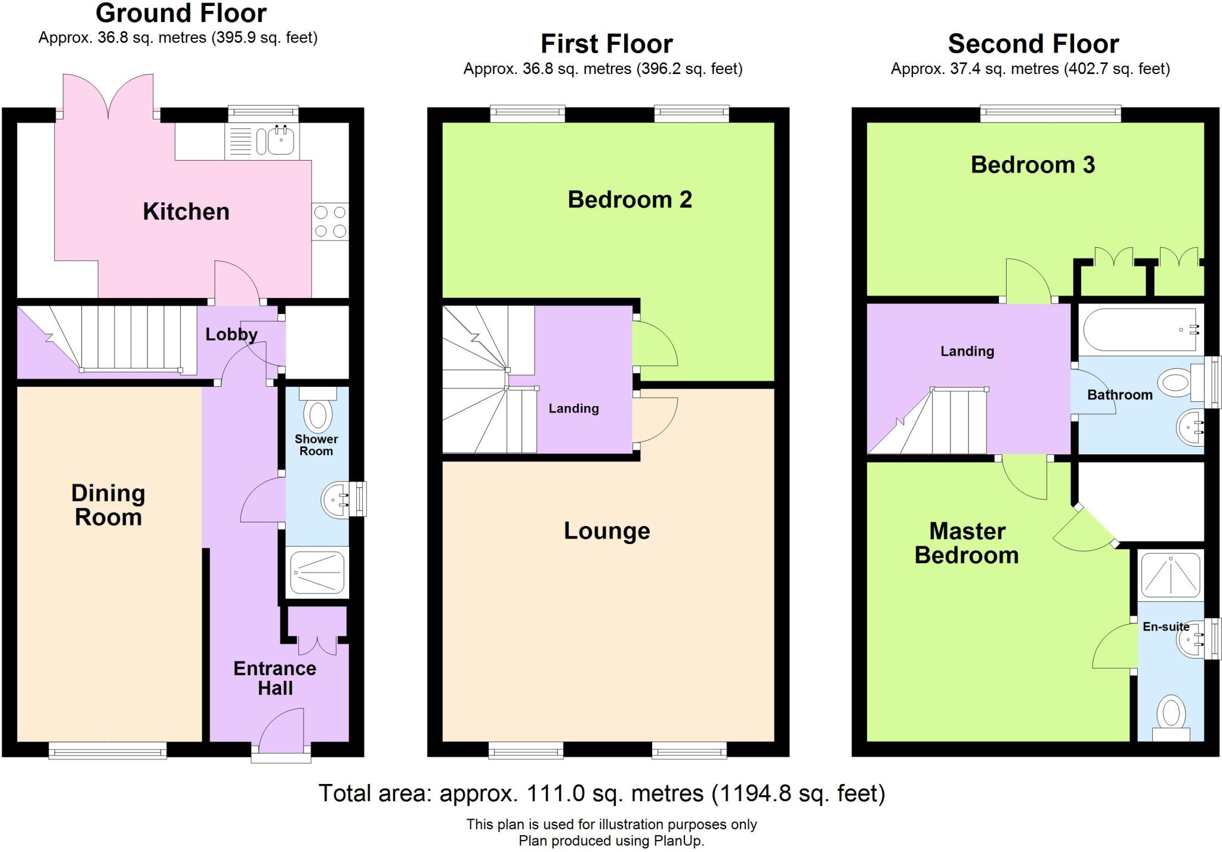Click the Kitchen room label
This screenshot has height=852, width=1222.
pos(186,212)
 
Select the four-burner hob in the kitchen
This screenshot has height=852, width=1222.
pos(330,222)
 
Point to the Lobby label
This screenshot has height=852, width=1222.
pos(231,334)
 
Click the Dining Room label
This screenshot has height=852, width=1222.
pos(108,505)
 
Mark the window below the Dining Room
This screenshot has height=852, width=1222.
pos(107,751)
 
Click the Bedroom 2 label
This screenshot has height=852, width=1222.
pos(629,199)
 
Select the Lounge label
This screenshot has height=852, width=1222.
pos(607,531)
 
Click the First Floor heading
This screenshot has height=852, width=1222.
pos(606,44)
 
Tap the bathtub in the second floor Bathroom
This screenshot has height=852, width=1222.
pos(1140,330)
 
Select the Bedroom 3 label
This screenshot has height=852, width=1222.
pos(1032,165)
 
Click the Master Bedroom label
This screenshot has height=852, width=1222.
pos(967,543)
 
